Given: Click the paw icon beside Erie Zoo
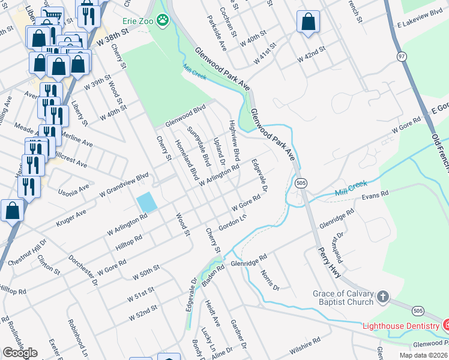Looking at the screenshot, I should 163,20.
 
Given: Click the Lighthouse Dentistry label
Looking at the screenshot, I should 400,325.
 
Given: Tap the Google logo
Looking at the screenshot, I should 20,352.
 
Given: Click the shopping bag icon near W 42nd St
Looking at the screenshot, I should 307,22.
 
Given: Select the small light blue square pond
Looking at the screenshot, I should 147,202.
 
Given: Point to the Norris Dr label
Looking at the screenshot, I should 270,280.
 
